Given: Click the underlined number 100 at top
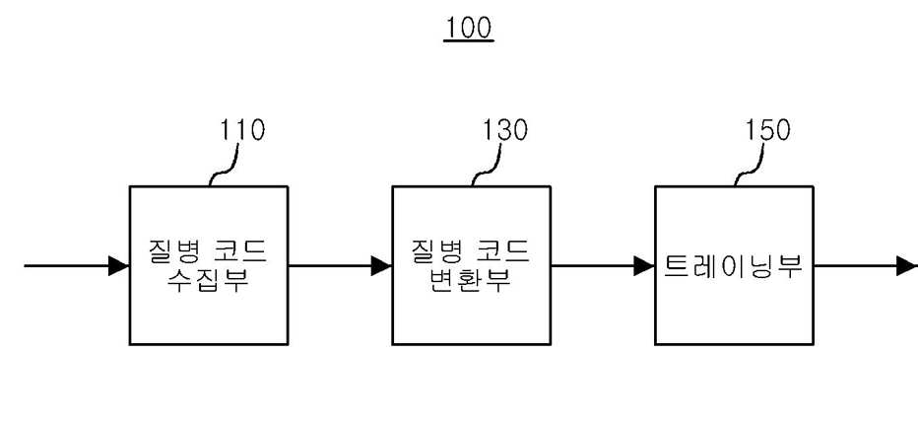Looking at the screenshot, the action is (x=469, y=29).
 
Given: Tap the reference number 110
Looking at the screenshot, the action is (x=241, y=130).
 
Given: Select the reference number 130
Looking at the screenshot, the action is (x=504, y=130).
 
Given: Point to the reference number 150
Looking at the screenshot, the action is (x=767, y=130).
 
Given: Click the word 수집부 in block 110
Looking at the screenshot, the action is (x=208, y=280).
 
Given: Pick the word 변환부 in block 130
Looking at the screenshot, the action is (x=471, y=280).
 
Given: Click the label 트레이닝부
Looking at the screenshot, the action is (x=733, y=265).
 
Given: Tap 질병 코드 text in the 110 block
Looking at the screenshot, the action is (x=208, y=251).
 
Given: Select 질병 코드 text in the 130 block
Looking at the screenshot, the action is (x=471, y=251).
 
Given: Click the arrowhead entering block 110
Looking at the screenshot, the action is (x=119, y=265).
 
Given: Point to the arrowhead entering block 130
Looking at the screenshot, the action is (x=382, y=265).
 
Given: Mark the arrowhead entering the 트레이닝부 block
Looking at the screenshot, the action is (x=644, y=265).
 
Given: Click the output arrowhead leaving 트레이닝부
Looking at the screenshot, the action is (x=907, y=265).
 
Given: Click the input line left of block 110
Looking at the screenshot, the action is (x=76, y=265).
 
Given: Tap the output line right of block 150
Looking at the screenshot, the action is (x=866, y=265).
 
